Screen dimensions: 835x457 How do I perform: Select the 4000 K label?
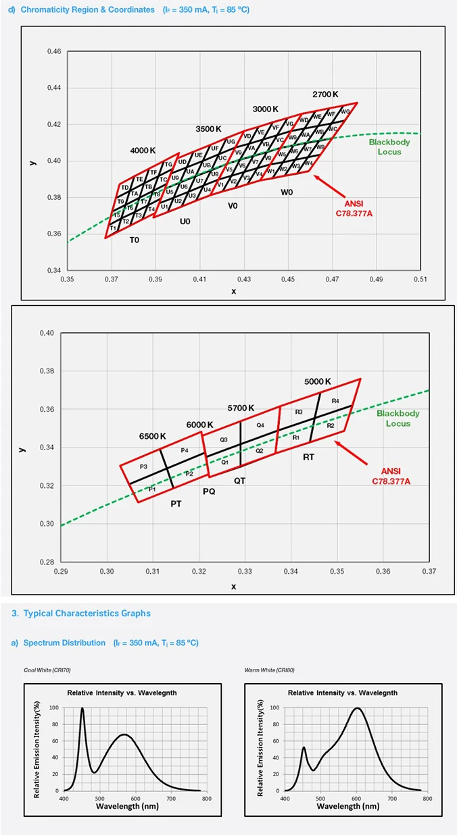pos(143,150)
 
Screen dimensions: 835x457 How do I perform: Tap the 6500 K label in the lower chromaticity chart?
pos(153,435)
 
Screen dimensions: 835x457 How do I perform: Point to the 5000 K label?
pos(318,381)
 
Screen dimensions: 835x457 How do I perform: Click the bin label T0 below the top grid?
pos(135,240)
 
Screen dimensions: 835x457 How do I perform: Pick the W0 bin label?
pos(287,192)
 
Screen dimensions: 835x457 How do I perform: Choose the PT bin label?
pos(176,504)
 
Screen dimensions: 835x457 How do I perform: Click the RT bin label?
pos(308,457)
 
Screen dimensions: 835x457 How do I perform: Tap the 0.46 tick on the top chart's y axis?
pos(55,52)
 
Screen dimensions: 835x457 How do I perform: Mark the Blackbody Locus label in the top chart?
pos(385,146)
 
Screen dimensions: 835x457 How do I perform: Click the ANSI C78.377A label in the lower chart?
pos(391,476)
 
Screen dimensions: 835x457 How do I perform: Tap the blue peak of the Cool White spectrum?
pos(82,708)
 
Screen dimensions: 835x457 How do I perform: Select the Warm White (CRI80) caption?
pos(268,670)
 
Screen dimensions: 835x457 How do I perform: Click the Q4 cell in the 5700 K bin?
pos(260,425)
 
